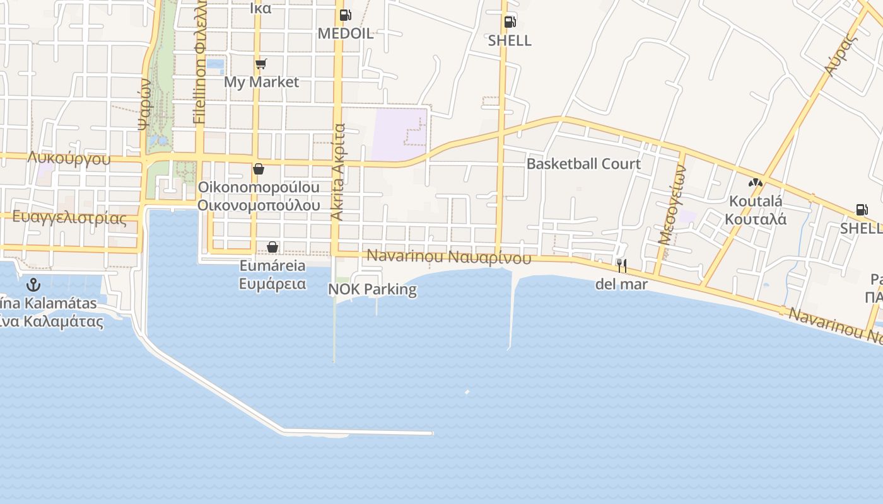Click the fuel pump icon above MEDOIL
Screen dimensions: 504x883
coord(345,15)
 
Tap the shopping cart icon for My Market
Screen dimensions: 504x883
coord(261,64)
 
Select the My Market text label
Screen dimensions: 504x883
coord(262,82)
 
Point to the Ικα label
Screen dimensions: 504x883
coord(260,8)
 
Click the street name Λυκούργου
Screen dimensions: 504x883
coord(69,158)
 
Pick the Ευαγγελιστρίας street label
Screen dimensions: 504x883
coord(69,219)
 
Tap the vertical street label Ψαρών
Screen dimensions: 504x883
coord(144,103)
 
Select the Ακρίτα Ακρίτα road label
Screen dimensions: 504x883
coord(339,172)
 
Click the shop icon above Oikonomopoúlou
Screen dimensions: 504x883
coord(258,169)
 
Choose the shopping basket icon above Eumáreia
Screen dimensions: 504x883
coord(272,247)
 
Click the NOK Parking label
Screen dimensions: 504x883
coord(372,290)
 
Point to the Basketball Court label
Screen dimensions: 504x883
coord(583,164)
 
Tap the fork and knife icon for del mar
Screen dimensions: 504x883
coord(622,266)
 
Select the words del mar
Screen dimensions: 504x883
coord(621,284)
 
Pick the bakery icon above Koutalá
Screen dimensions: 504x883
coord(755,183)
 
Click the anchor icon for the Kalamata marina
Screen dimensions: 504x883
coord(33,285)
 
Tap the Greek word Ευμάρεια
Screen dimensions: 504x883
coord(272,283)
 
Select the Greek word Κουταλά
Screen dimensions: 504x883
coord(755,219)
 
